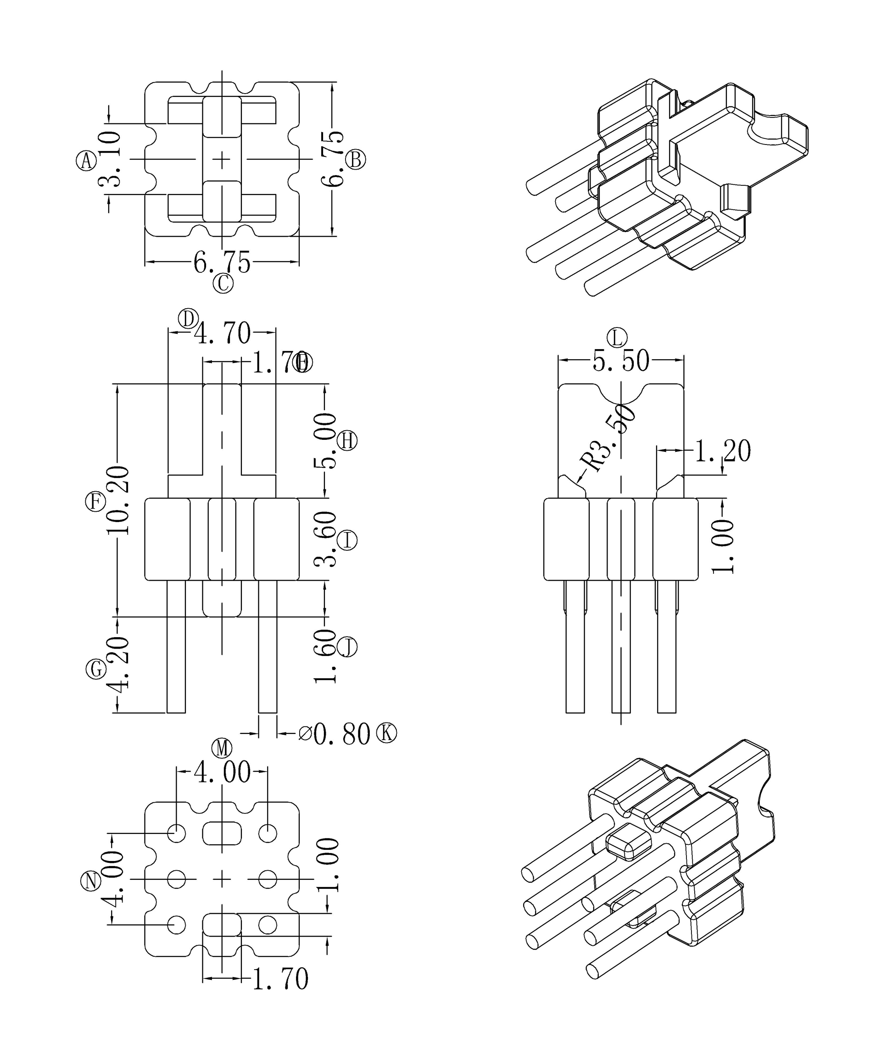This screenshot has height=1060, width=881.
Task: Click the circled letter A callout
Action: [x=86, y=161]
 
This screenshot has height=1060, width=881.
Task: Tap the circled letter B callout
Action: [x=356, y=160]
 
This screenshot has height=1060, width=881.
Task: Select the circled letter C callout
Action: [x=223, y=283]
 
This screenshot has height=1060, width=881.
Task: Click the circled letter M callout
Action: [x=222, y=748]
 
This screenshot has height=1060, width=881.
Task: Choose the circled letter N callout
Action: [x=91, y=881]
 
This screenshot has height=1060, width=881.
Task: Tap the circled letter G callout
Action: [x=96, y=669]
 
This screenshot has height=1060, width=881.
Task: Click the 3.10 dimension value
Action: [x=110, y=160]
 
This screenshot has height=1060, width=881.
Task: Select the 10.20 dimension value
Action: [x=118, y=501]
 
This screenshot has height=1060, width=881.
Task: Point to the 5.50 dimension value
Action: [x=620, y=361]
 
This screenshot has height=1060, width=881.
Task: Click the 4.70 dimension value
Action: [x=223, y=333]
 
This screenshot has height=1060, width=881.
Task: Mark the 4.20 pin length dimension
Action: [x=118, y=664]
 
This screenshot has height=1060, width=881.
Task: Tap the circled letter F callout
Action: [x=95, y=502]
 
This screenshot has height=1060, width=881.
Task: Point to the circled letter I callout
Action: [x=347, y=541]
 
